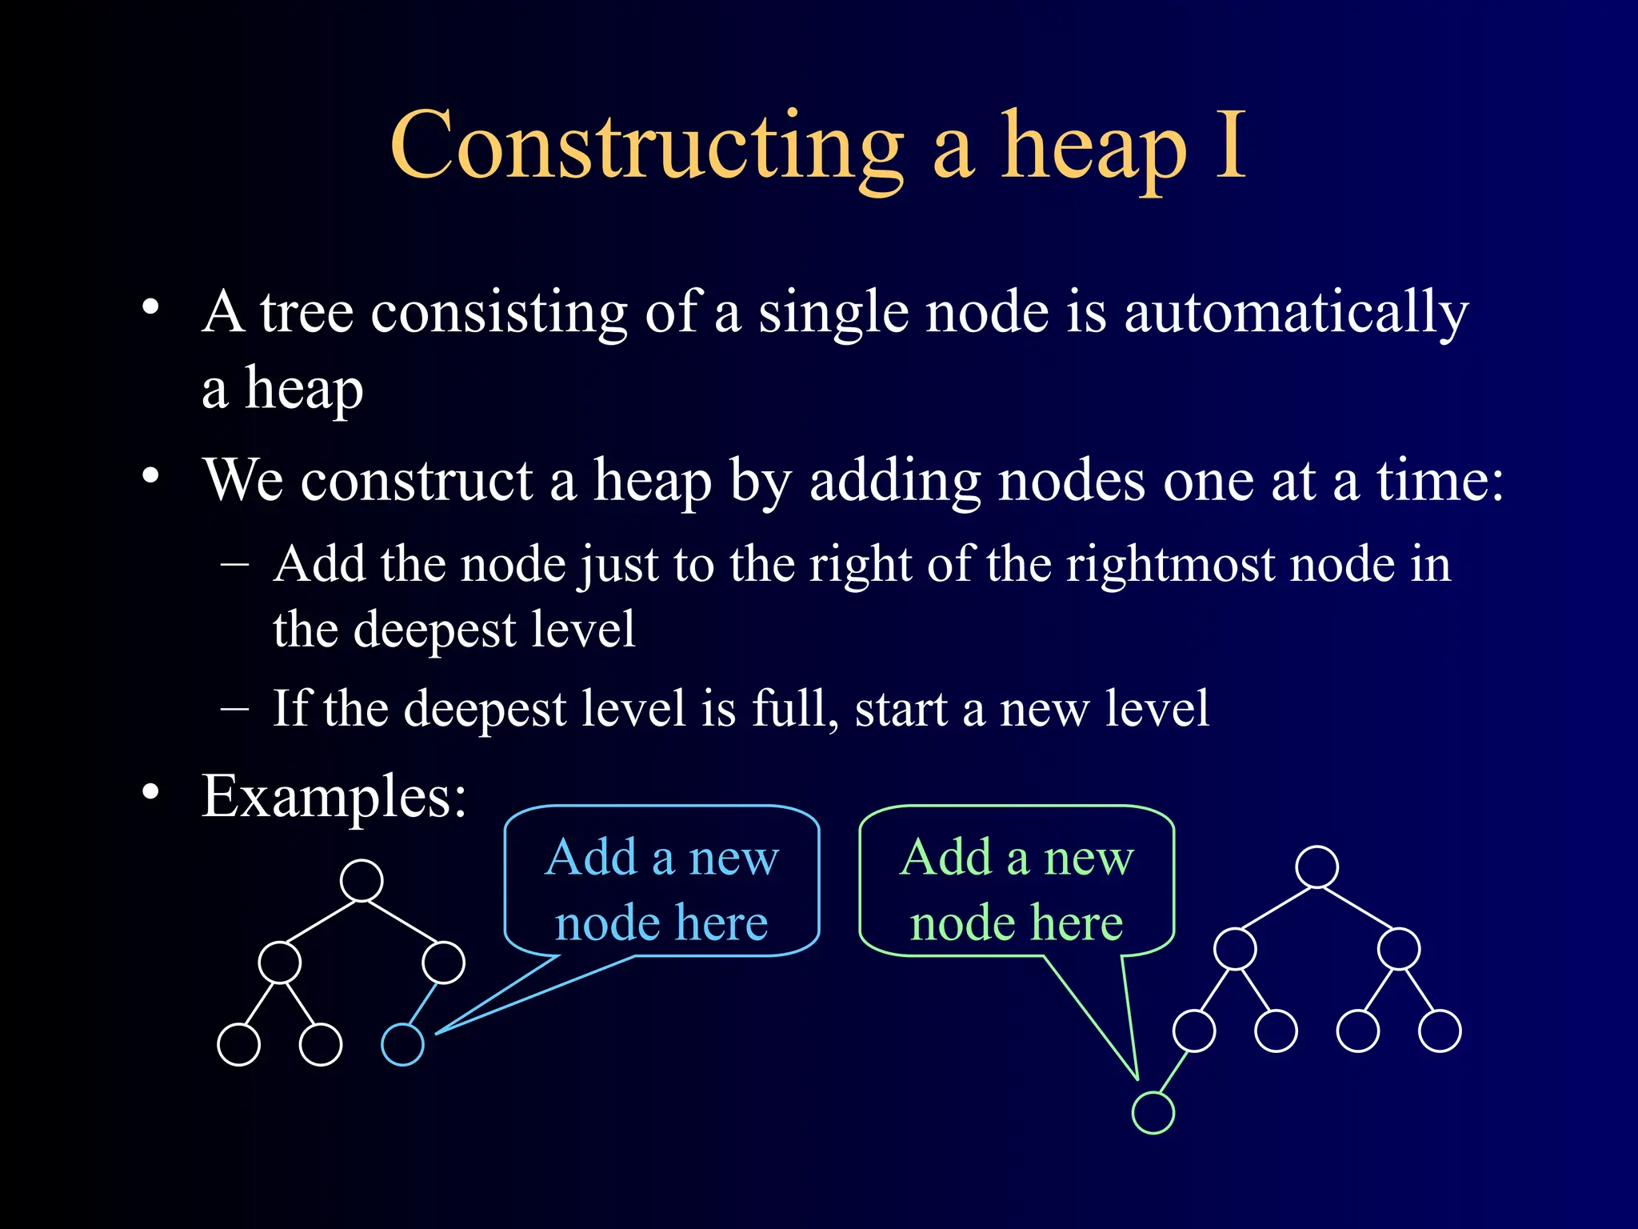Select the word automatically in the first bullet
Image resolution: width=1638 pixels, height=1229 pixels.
pos(1296,314)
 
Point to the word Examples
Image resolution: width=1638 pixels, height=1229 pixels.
pos(334,797)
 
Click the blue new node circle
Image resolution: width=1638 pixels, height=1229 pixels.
pos(402,1044)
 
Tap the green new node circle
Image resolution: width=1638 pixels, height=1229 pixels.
pos(1153,1112)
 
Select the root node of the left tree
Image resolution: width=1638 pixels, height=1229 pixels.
pos(362,880)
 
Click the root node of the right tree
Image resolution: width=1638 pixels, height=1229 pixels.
pos(1316,867)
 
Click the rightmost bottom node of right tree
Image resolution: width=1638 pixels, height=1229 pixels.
pos(1440,1031)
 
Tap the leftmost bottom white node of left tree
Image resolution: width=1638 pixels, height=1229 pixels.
pos(238,1044)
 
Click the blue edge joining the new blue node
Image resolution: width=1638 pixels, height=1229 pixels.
pos(423,1003)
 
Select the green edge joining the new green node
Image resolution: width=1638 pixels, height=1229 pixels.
pos(1173,1072)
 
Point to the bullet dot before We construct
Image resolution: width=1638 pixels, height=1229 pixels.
pos(150,477)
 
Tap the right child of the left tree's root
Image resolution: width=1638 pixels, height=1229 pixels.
pos(443,962)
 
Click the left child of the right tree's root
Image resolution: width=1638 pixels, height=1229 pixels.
pos(1235,949)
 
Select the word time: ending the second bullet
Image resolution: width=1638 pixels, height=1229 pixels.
pos(1440,482)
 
